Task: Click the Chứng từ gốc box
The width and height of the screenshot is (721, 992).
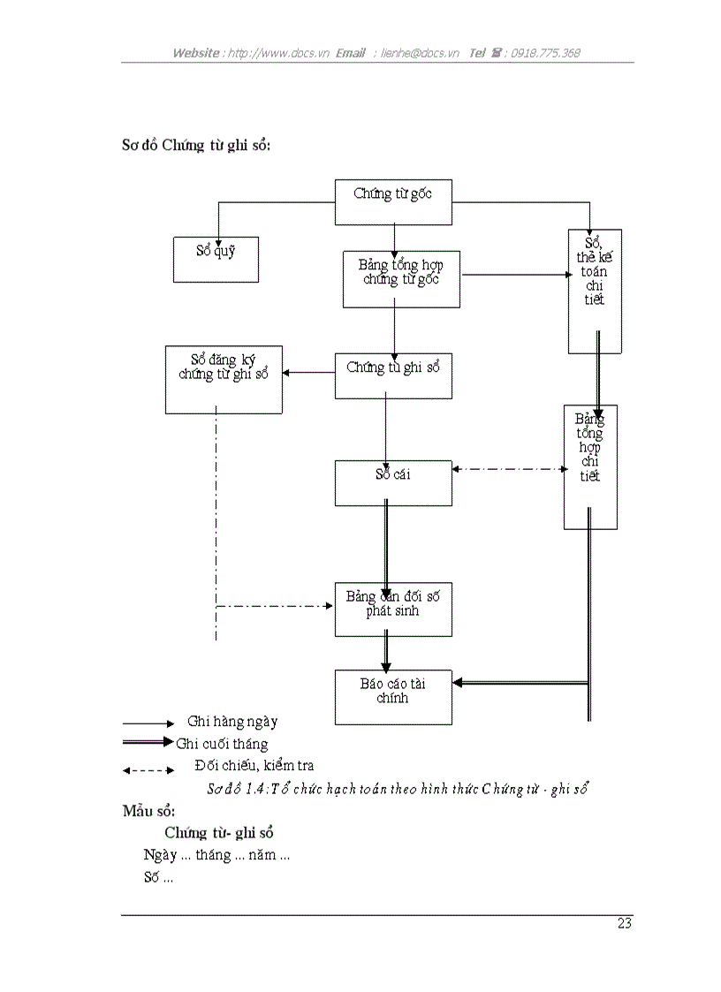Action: coord(393,202)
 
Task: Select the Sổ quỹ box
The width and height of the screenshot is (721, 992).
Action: coord(216,259)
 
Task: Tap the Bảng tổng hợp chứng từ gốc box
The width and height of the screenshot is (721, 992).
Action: coord(401,279)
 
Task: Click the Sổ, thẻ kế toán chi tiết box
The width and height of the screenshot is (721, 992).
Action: coord(595,292)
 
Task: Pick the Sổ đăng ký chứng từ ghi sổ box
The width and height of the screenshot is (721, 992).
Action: coord(224,379)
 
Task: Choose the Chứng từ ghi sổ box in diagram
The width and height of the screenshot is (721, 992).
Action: coord(393,375)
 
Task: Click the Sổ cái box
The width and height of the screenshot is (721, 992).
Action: coord(393,482)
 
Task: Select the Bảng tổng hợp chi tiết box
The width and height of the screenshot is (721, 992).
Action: coord(590,466)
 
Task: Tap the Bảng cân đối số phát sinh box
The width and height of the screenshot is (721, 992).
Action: coord(393,609)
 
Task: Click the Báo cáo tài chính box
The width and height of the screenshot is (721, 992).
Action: coord(393,697)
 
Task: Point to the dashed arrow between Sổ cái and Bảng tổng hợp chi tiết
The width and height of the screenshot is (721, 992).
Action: coord(508,469)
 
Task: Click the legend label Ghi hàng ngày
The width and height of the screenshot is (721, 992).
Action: coord(232,722)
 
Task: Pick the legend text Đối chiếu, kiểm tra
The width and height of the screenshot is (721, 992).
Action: coord(254,766)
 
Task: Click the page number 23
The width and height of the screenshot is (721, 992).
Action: coord(625,924)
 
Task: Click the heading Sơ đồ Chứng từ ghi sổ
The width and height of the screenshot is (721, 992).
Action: coord(195,145)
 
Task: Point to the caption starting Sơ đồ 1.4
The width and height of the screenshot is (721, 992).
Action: coord(398,789)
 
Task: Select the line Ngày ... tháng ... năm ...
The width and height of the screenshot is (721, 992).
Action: coord(217,855)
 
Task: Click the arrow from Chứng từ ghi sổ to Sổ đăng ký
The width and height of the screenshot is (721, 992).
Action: coord(308,372)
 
